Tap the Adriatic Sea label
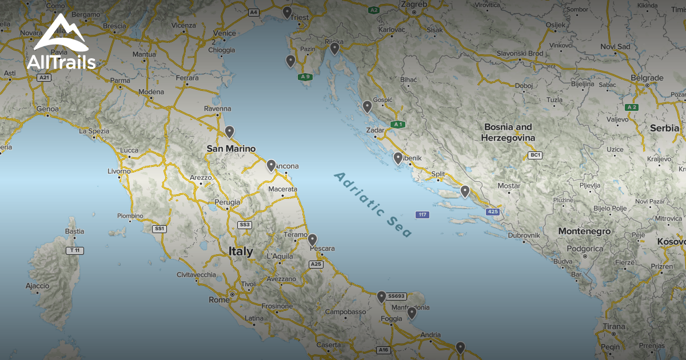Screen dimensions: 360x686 click(x=373, y=203)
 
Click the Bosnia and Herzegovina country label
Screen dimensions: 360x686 click(x=508, y=133)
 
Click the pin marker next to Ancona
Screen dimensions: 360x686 click(x=271, y=165)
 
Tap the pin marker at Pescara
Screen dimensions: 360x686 click(x=312, y=239)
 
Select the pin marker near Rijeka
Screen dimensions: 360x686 click(x=334, y=48)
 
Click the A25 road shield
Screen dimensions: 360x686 click(x=316, y=264)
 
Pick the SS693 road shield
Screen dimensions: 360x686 click(x=396, y=296)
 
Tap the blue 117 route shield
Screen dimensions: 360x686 click(x=422, y=215)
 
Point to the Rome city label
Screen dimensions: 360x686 click(x=219, y=299)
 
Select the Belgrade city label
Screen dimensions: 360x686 click(x=647, y=78)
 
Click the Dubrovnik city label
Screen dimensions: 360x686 click(x=524, y=235)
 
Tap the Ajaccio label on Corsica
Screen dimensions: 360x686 click(x=38, y=286)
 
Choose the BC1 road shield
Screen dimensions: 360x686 click(x=535, y=155)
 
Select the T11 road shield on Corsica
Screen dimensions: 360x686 click(x=74, y=250)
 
